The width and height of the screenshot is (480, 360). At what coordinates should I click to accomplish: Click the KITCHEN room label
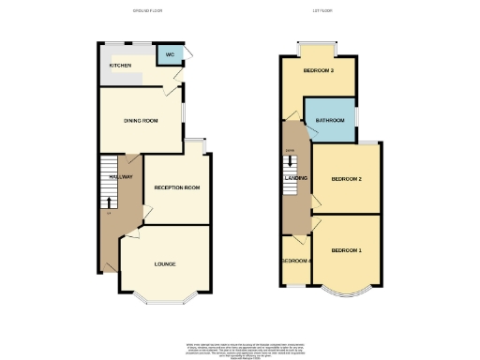(120, 66)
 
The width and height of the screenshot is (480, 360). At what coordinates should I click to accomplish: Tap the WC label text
(170, 55)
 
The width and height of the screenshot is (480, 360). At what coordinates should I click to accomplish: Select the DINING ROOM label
(140, 121)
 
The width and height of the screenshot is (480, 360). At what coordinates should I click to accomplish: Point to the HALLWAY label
(119, 176)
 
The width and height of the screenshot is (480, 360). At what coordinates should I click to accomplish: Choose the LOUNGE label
(165, 264)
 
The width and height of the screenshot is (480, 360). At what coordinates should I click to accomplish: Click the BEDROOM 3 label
(319, 70)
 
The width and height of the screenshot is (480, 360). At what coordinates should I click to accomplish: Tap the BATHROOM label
(330, 121)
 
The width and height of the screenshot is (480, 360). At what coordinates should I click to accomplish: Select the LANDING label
(296, 178)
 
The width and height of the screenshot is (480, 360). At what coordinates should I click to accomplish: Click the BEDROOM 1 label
(346, 250)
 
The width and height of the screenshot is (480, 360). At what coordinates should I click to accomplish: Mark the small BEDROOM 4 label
(296, 260)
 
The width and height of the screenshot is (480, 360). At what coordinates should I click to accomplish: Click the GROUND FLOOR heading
(147, 11)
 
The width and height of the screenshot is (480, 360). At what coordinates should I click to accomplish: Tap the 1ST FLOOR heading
(324, 11)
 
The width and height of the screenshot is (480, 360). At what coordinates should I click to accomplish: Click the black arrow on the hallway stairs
(109, 200)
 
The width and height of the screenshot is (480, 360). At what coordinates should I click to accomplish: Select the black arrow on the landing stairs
(291, 162)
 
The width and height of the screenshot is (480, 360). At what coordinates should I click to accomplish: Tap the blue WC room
(170, 58)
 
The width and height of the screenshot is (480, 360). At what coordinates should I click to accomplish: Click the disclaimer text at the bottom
(240, 343)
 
